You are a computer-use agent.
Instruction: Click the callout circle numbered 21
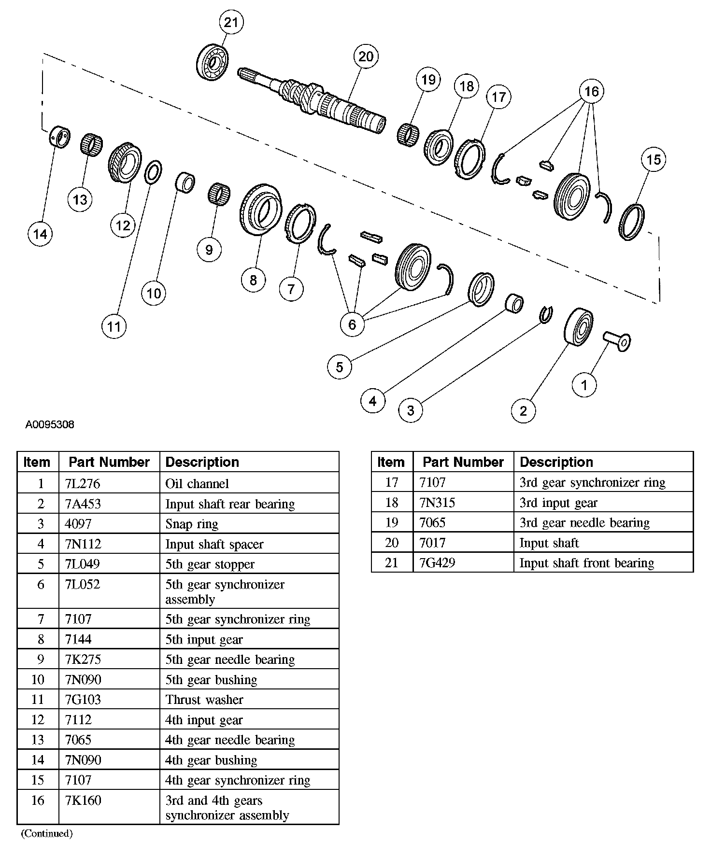(x=231, y=23)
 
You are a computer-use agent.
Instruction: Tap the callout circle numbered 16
(x=591, y=91)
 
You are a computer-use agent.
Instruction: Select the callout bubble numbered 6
(x=352, y=324)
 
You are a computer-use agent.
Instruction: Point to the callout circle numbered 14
(x=40, y=234)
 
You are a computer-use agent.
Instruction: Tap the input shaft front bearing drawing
(x=213, y=62)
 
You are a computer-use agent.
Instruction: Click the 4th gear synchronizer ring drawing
(x=631, y=222)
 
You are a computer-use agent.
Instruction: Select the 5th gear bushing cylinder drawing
(x=184, y=183)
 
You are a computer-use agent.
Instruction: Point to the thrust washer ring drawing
(x=153, y=172)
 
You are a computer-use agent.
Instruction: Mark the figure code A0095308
(x=50, y=425)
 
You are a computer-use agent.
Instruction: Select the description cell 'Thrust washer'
(x=204, y=700)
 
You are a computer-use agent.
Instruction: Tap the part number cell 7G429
(x=437, y=562)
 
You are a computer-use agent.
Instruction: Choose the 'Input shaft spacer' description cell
(x=214, y=544)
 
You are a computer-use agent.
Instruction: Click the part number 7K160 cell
(x=83, y=800)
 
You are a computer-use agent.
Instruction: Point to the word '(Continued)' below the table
(x=47, y=833)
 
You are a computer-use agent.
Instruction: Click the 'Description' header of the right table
(x=556, y=462)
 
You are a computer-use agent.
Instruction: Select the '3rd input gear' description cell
(x=558, y=503)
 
